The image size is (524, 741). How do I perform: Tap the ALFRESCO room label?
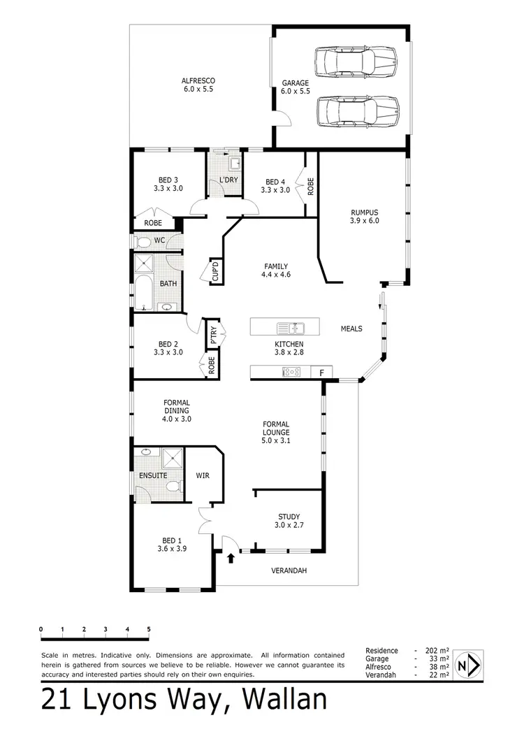[198, 85]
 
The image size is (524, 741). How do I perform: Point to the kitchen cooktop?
[291, 372]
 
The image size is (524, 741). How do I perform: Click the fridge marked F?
[321, 373]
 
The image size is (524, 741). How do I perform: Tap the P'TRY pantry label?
[210, 334]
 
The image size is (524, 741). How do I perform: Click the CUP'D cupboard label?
[216, 271]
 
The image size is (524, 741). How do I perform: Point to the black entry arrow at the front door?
[232, 557]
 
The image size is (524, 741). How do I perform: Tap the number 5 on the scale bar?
[149, 629]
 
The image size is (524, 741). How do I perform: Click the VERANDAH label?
[289, 570]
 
